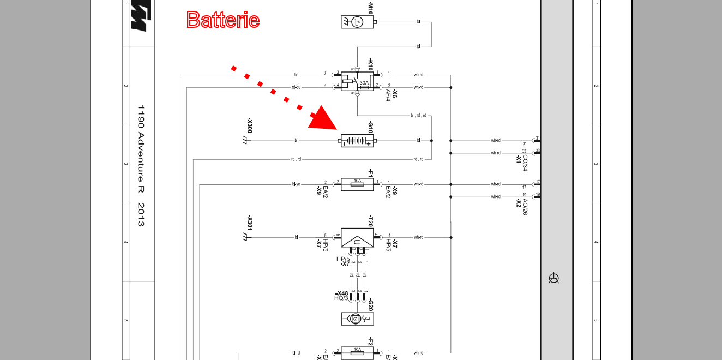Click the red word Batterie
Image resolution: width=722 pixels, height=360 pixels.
pos(222,20)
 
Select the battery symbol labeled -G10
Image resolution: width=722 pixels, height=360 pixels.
pos(357,141)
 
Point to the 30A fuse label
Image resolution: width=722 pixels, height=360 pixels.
pos(364,82)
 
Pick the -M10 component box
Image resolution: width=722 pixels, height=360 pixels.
pos(357,22)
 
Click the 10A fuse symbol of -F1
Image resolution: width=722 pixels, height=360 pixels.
pos(357,185)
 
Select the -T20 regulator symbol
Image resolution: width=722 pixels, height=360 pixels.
pos(357,237)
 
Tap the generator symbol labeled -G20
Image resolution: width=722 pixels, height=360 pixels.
pos(357,319)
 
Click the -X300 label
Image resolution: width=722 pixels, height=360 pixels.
pos(250,126)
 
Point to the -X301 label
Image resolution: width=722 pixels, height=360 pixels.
pos(250,223)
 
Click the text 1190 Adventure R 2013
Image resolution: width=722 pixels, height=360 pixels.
pos(141,166)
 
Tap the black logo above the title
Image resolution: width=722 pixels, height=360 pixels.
pos(140,17)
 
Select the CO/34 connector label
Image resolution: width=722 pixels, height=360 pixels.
pos(525,162)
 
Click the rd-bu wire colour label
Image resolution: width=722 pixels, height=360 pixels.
pos(296,87)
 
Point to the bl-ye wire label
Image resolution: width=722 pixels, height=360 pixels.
pos(296,184)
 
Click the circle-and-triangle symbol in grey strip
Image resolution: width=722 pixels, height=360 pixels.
pos(554,278)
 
